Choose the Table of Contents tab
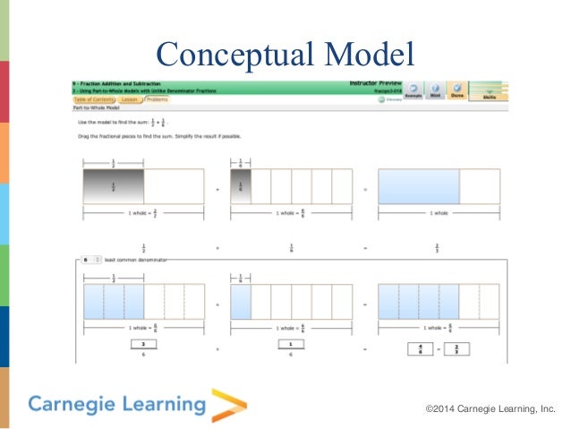91,99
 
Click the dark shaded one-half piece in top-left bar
113,186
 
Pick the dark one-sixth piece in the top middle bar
241,186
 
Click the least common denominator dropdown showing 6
90,259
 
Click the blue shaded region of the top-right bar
418,186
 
